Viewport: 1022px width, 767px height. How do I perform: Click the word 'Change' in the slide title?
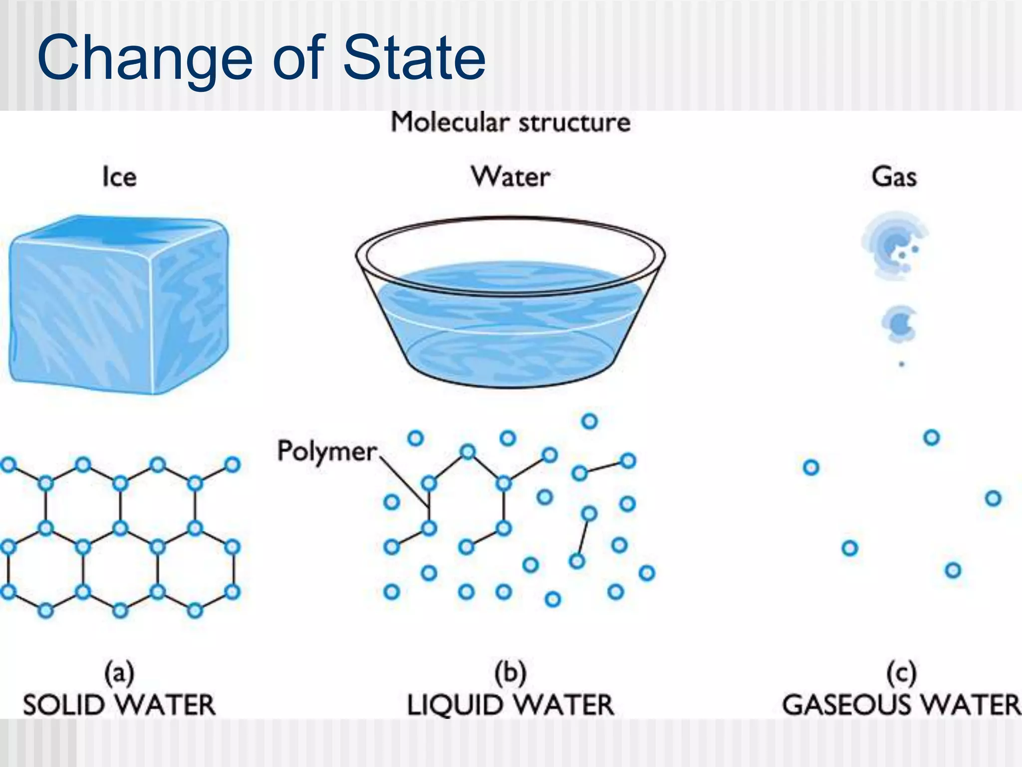pos(145,59)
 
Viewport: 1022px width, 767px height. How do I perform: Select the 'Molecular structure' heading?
pos(511,122)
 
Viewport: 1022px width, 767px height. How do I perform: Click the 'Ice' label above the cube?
pos(119,177)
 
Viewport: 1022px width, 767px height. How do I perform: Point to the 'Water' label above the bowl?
pos(511,177)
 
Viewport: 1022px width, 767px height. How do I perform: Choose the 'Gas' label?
pos(894,177)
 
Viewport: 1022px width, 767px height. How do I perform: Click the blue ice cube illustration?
pos(119,305)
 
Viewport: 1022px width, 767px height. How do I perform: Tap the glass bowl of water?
pos(510,305)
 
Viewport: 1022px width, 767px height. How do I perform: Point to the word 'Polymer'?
pos(327,451)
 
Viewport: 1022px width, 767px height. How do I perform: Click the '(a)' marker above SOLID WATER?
pos(119,673)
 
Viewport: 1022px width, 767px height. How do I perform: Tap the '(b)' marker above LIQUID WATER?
pos(510,673)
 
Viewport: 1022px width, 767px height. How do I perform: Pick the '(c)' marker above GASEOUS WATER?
pos(901,673)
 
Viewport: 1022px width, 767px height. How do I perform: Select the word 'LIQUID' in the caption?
pos(455,705)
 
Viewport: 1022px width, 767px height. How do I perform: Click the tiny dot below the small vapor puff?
pos(901,364)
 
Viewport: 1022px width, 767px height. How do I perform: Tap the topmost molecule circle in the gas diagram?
pos(931,437)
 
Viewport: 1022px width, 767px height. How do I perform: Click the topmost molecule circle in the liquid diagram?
pos(589,421)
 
